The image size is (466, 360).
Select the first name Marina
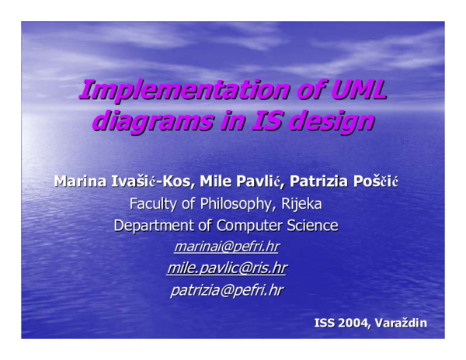click(x=78, y=183)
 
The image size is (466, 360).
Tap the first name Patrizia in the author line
click(x=320, y=183)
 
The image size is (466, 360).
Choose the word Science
click(x=315, y=227)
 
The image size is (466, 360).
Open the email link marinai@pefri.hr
click(x=226, y=247)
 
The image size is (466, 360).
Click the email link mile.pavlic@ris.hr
click(x=226, y=269)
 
